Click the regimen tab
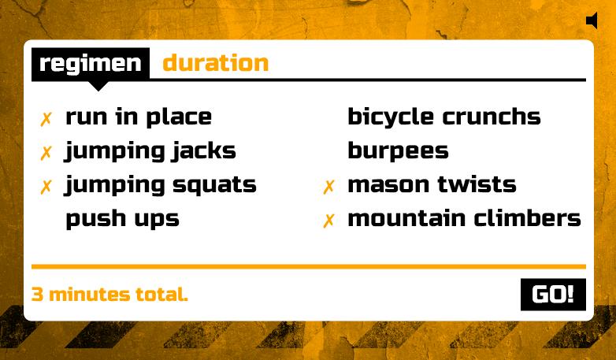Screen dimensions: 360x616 [91, 64]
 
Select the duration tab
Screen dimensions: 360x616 [215, 63]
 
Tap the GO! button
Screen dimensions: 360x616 [553, 295]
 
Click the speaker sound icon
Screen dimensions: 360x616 [592, 20]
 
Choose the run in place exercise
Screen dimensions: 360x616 [139, 117]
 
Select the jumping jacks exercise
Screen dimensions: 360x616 [150, 151]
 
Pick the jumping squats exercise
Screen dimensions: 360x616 [161, 185]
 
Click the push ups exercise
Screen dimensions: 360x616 [122, 218]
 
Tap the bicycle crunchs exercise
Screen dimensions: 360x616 [444, 117]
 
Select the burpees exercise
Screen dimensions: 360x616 [398, 150]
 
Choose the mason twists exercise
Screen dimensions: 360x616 [432, 185]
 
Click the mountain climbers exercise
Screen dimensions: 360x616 [464, 218]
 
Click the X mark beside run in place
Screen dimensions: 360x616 [46, 119]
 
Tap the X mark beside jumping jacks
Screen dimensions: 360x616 [46, 153]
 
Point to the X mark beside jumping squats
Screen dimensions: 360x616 [46, 187]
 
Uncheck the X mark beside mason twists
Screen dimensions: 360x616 [328, 187]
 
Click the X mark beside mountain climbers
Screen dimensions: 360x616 [328, 221]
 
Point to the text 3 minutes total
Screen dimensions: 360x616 [109, 295]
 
